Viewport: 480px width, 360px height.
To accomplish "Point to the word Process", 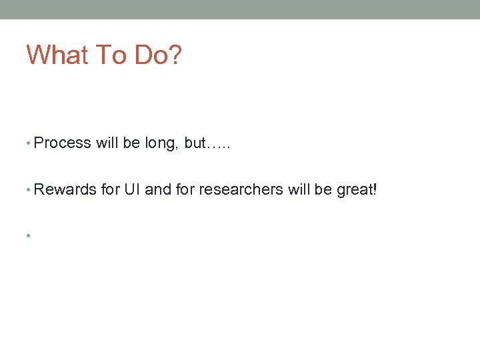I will pyautogui.click(x=62, y=143).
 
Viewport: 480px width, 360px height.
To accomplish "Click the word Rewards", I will pyautogui.click(x=65, y=189).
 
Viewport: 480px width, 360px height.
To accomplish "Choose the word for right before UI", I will pyautogui.click(x=110, y=189).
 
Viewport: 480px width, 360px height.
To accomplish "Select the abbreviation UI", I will pyautogui.click(x=132, y=189).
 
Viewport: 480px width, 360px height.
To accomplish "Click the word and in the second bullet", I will pyautogui.click(x=158, y=189).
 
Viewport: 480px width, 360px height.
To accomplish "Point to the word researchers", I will pyautogui.click(x=241, y=189).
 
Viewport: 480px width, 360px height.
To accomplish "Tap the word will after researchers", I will pyautogui.click(x=299, y=189).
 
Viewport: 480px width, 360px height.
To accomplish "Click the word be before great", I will pyautogui.click(x=323, y=189).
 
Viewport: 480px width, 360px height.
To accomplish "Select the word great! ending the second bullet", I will pyautogui.click(x=357, y=190).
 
